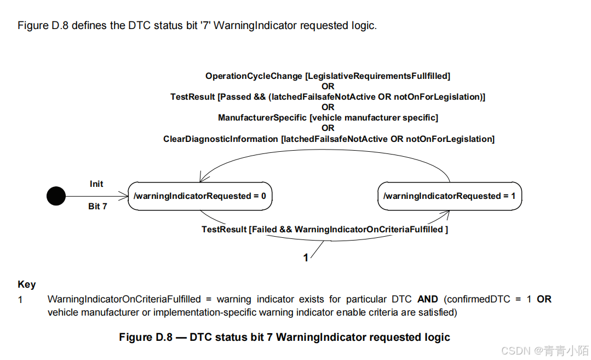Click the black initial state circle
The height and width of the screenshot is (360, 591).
pyautogui.click(x=56, y=196)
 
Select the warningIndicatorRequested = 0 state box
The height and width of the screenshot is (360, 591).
pyautogui.click(x=200, y=196)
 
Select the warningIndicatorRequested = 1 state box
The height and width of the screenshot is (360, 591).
pyautogui.click(x=450, y=196)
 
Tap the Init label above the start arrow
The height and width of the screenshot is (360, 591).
pyautogui.click(x=96, y=184)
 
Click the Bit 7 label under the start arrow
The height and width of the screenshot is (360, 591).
pyautogui.click(x=97, y=207)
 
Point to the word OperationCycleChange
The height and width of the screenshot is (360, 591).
pyautogui.click(x=254, y=76)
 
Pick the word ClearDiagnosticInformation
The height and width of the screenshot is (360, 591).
pyautogui.click(x=221, y=139)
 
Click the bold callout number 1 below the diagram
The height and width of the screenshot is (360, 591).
pyautogui.click(x=306, y=258)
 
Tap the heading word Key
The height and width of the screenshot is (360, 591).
pyautogui.click(x=27, y=284)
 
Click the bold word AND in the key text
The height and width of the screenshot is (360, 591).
pyautogui.click(x=428, y=299)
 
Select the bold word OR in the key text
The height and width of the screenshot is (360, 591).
pyautogui.click(x=544, y=299)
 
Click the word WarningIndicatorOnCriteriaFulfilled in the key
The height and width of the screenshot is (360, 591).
pyautogui.click(x=124, y=299)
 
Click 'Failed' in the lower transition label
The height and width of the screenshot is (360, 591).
pyautogui.click(x=265, y=230)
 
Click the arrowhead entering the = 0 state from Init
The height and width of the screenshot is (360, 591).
pyautogui.click(x=124, y=196)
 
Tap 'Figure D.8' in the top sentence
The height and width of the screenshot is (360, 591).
pyautogui.click(x=43, y=26)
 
